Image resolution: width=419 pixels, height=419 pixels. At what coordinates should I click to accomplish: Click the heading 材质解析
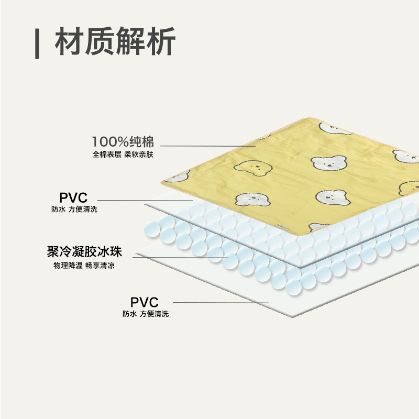click(115, 41)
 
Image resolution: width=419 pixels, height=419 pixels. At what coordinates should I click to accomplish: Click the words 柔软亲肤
click(139, 155)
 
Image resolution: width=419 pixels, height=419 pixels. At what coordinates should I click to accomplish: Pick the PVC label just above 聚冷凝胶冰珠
click(73, 198)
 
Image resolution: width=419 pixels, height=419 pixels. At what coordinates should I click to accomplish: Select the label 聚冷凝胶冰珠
click(84, 252)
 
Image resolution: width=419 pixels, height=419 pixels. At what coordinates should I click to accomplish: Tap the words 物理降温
click(68, 266)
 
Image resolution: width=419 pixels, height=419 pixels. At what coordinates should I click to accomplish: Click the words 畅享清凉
click(101, 266)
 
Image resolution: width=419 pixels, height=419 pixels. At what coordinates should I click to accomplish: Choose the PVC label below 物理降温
click(145, 302)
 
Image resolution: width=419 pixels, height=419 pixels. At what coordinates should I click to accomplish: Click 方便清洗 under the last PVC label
click(154, 314)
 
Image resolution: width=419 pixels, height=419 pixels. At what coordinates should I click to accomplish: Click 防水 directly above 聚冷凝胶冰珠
click(57, 210)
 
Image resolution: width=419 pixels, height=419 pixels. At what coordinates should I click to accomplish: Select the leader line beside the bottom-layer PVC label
click(220, 303)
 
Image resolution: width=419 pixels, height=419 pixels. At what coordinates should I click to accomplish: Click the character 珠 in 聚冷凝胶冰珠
click(116, 252)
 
